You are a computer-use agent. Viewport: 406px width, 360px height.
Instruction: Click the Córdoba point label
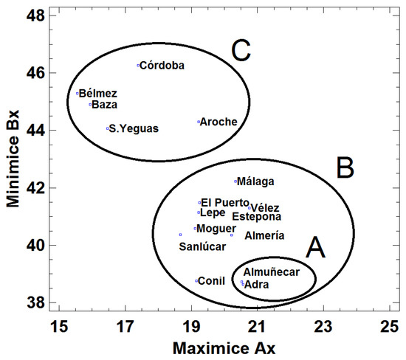[162, 66]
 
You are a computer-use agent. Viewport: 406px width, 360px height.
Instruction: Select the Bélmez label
[97, 93]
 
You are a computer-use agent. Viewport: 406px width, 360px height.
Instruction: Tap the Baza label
[105, 104]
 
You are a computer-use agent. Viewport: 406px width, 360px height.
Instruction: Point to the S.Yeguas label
[134, 128]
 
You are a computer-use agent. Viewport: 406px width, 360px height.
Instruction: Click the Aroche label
[219, 122]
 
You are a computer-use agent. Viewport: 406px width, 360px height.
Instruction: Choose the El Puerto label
[225, 202]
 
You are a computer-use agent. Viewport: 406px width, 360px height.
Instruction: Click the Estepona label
[256, 217]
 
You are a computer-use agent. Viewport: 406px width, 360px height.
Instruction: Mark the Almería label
[264, 235]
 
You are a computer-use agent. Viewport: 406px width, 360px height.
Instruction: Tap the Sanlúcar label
[202, 246]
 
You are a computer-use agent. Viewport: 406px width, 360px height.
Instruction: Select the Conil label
[212, 280]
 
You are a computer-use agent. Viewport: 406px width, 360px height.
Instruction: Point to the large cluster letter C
[241, 52]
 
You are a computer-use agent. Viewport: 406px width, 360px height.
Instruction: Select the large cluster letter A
[316, 249]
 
